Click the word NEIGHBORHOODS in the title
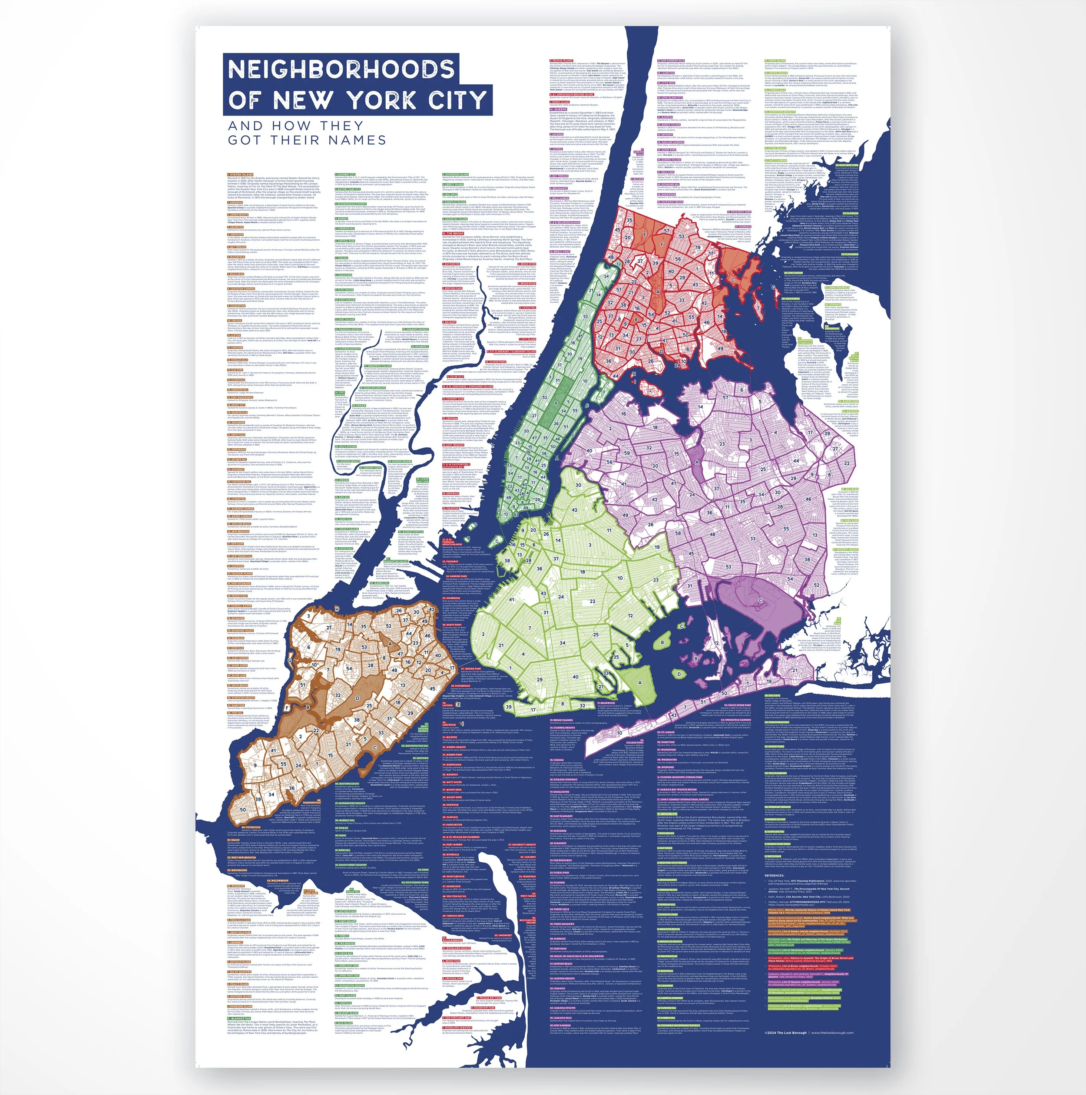(341, 69)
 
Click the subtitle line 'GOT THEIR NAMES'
(307, 140)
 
